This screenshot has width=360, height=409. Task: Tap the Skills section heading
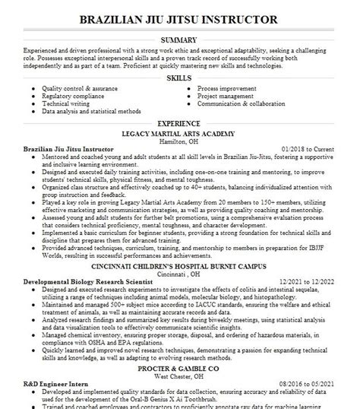click(179, 78)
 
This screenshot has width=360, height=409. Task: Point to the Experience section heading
click(179, 122)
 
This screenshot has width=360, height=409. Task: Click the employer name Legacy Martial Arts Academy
click(179, 132)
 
